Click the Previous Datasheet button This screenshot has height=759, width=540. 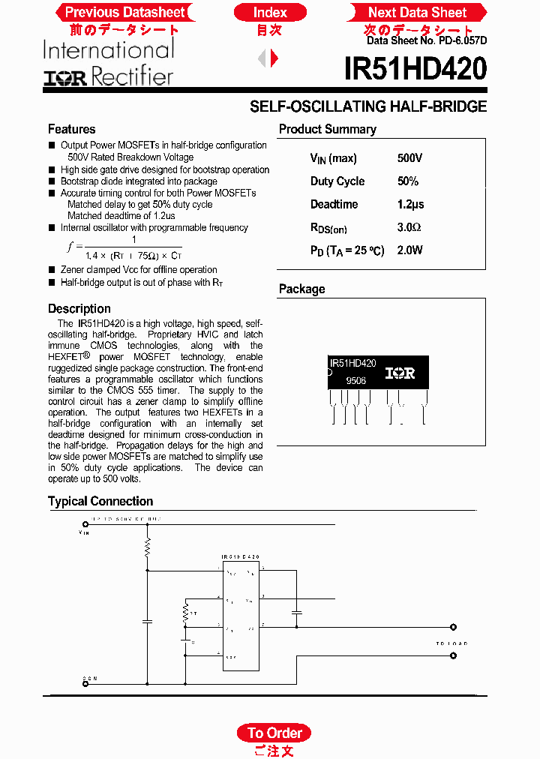[x=124, y=12]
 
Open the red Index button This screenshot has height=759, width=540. [x=270, y=12]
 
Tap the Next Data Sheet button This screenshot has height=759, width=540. [x=417, y=12]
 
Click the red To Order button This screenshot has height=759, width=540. [x=274, y=733]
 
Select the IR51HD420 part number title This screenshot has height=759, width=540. [x=415, y=70]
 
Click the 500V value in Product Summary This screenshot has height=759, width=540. [x=410, y=158]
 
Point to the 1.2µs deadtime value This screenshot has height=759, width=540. [x=410, y=204]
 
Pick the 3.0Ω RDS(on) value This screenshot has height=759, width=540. [x=409, y=227]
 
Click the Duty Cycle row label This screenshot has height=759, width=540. [x=337, y=181]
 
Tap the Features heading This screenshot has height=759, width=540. [x=71, y=129]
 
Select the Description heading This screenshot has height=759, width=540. [x=79, y=308]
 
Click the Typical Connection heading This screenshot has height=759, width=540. [x=100, y=501]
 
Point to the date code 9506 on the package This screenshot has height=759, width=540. [x=356, y=381]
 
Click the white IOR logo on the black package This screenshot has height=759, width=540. [x=400, y=373]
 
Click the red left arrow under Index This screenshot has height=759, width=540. [x=262, y=58]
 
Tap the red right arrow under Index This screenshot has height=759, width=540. [x=274, y=58]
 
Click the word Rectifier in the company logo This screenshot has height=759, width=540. [x=132, y=76]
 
